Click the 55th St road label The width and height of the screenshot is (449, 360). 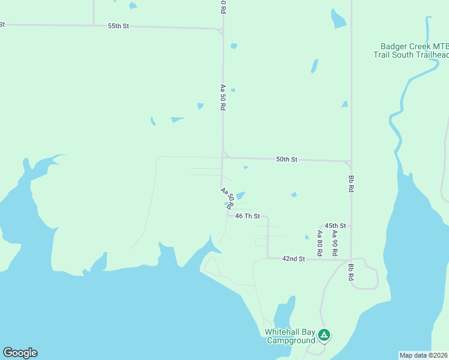pos(119,26)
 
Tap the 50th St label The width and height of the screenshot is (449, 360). pos(287,160)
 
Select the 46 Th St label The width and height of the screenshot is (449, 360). pos(247,216)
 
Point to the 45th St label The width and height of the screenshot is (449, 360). pos(336,226)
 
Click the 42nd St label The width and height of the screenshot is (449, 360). pos(294,259)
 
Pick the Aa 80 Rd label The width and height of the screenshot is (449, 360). pos(321,240)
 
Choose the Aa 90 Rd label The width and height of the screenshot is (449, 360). pos(335,240)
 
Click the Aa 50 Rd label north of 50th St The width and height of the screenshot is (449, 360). pos(223,97)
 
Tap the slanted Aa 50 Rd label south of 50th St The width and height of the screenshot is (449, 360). pos(226,198)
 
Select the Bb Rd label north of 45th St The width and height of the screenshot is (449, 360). pos(351,183)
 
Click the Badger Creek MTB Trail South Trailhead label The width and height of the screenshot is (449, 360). pos(412,50)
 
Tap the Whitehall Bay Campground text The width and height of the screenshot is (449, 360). pos(291,336)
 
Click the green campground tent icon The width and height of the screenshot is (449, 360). pos(324,335)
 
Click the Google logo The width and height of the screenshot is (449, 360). pos(20,353)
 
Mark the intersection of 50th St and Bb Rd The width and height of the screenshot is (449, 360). pos(351,161)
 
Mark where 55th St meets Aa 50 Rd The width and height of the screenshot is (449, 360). pos(223,28)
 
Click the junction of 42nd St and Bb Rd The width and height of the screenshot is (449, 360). pos(351,260)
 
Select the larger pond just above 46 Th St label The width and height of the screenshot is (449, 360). pos(240,196)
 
